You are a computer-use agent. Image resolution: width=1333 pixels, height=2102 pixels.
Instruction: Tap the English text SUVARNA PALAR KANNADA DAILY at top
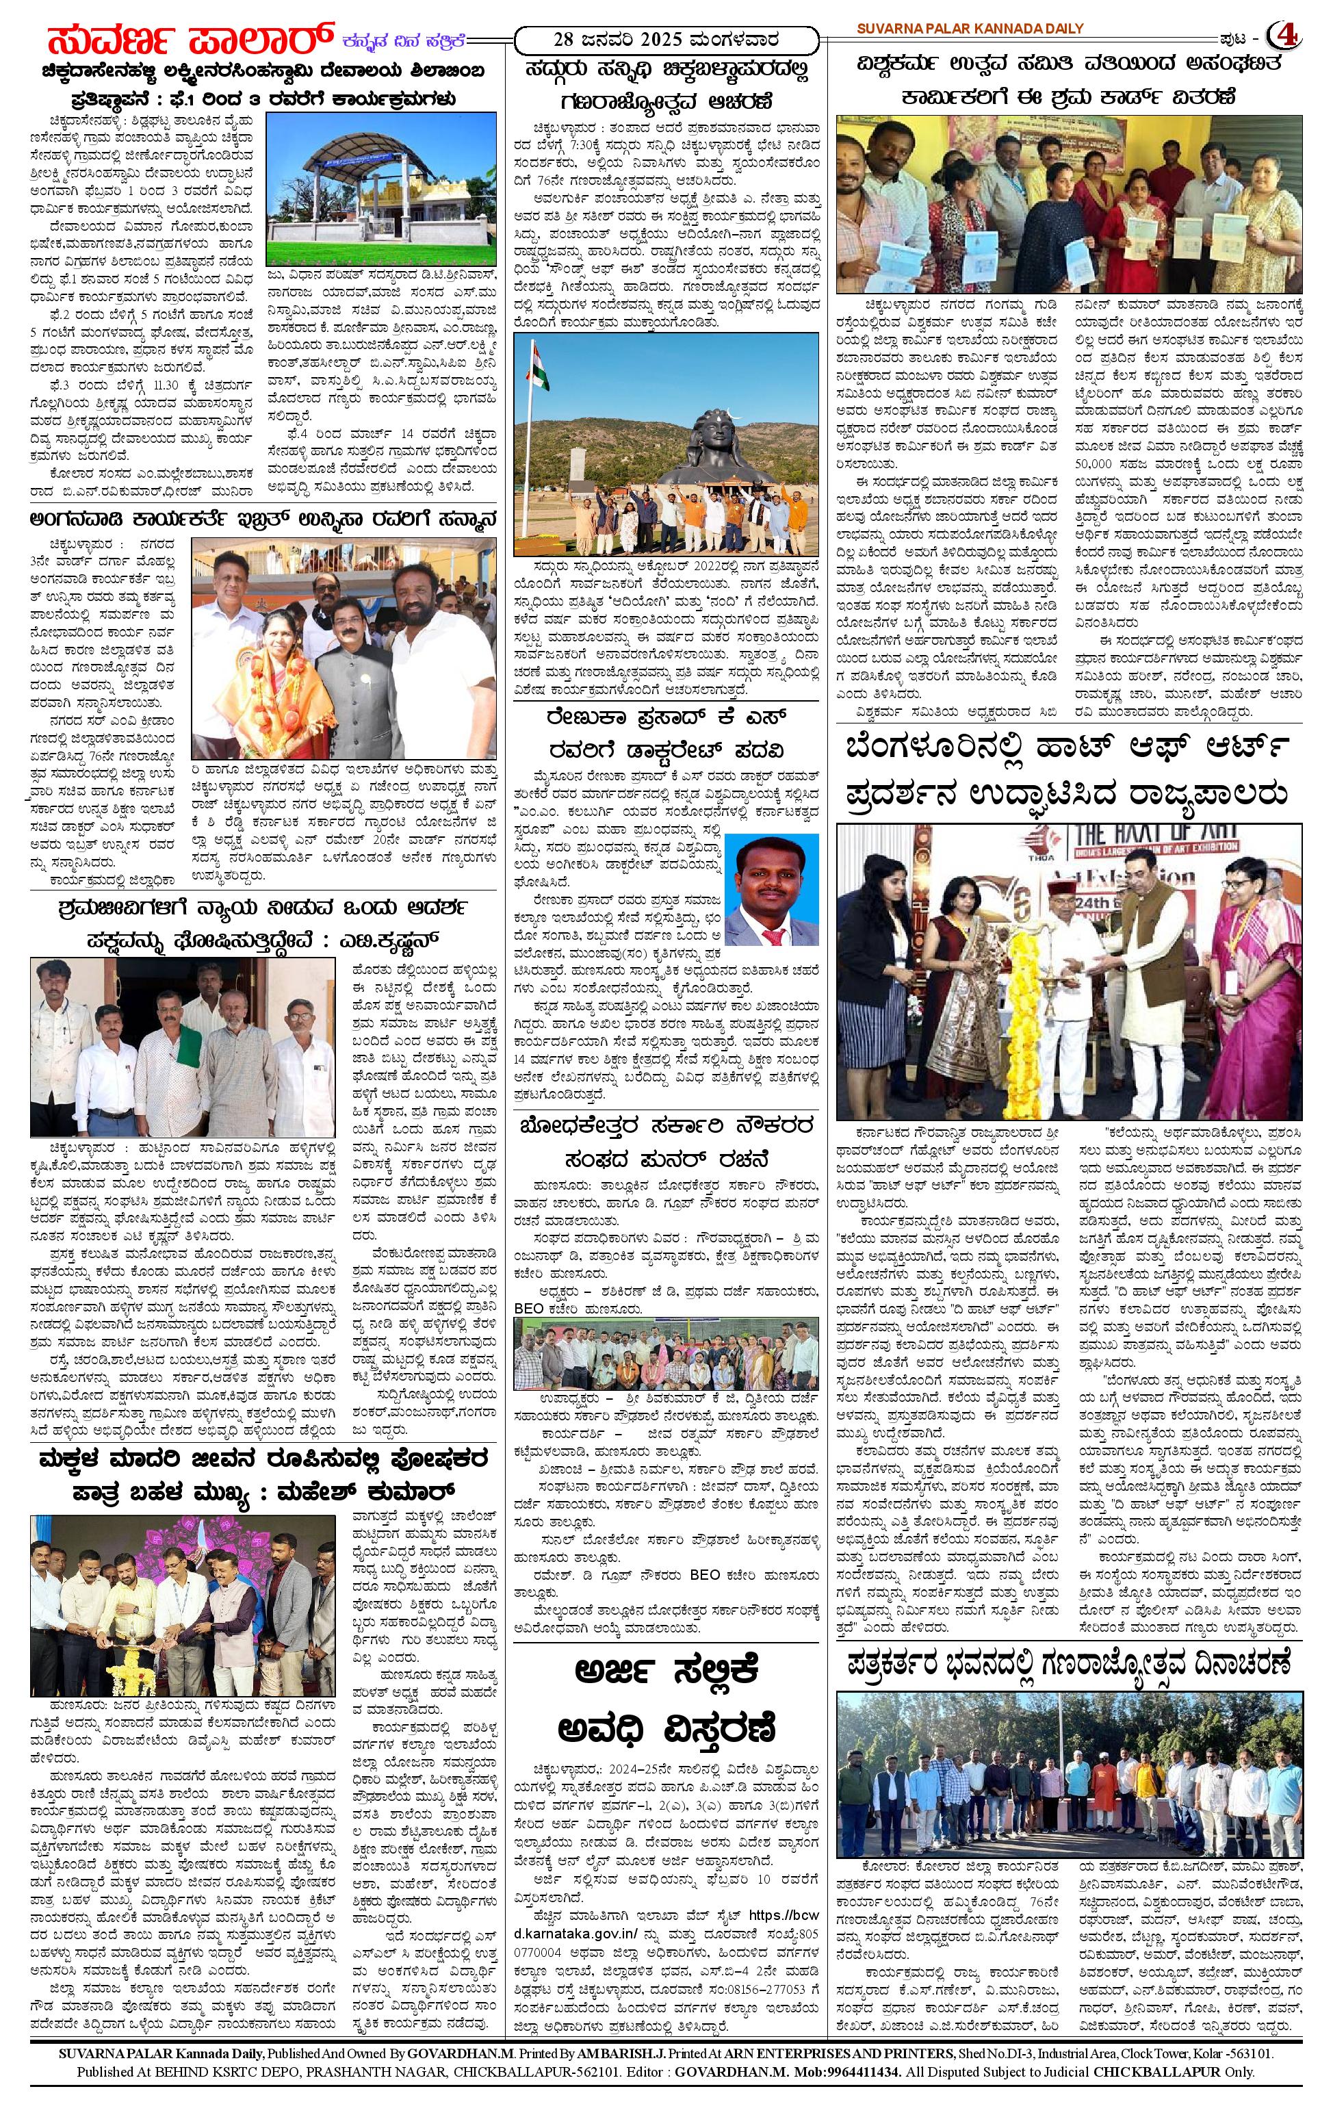pyautogui.click(x=969, y=29)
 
